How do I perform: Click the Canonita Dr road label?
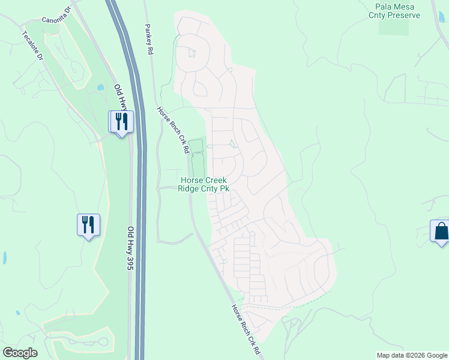[56, 14]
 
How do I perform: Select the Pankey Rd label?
[148, 40]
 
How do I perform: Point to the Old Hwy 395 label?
[130, 248]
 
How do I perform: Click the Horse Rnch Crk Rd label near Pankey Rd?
[173, 130]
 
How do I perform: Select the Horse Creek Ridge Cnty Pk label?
[203, 184]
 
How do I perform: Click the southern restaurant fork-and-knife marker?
[88, 225]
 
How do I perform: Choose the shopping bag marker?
[441, 231]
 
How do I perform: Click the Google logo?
[20, 353]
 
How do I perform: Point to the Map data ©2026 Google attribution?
[411, 355]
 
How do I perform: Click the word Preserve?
[403, 15]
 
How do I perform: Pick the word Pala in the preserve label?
[375, 6]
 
